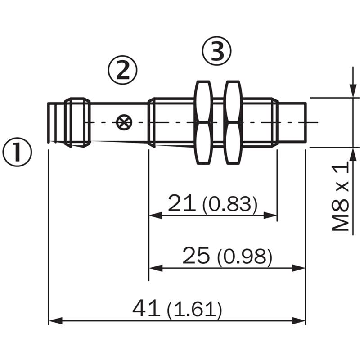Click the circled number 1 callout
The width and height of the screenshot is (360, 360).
coord(17,152)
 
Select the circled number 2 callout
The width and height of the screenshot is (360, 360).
coord(123,70)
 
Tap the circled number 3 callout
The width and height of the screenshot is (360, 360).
coord(217,51)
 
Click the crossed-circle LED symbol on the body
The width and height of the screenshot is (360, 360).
coord(124,122)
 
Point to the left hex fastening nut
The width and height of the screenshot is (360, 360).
coord(203,122)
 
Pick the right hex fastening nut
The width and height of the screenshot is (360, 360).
coord(233,122)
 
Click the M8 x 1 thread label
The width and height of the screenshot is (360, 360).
coord(340,196)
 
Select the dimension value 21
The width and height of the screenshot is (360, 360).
coord(182,203)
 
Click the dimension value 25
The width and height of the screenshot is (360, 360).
coord(196,255)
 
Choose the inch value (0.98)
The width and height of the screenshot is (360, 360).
coord(245,257)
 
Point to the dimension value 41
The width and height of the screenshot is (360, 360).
coord(146,308)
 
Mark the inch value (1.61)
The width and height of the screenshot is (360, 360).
coord(195,310)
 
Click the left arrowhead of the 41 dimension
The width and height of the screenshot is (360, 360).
coord(55,320)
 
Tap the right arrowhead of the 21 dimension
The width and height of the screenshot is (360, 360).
coord(270,216)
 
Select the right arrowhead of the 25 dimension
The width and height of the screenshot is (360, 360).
coord(299,268)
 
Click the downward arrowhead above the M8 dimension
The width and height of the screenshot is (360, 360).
coord(353,91)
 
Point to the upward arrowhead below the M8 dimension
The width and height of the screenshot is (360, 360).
coord(353,154)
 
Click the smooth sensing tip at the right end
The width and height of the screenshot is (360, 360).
coord(292,122)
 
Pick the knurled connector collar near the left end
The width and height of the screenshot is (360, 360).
coord(77,122)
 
